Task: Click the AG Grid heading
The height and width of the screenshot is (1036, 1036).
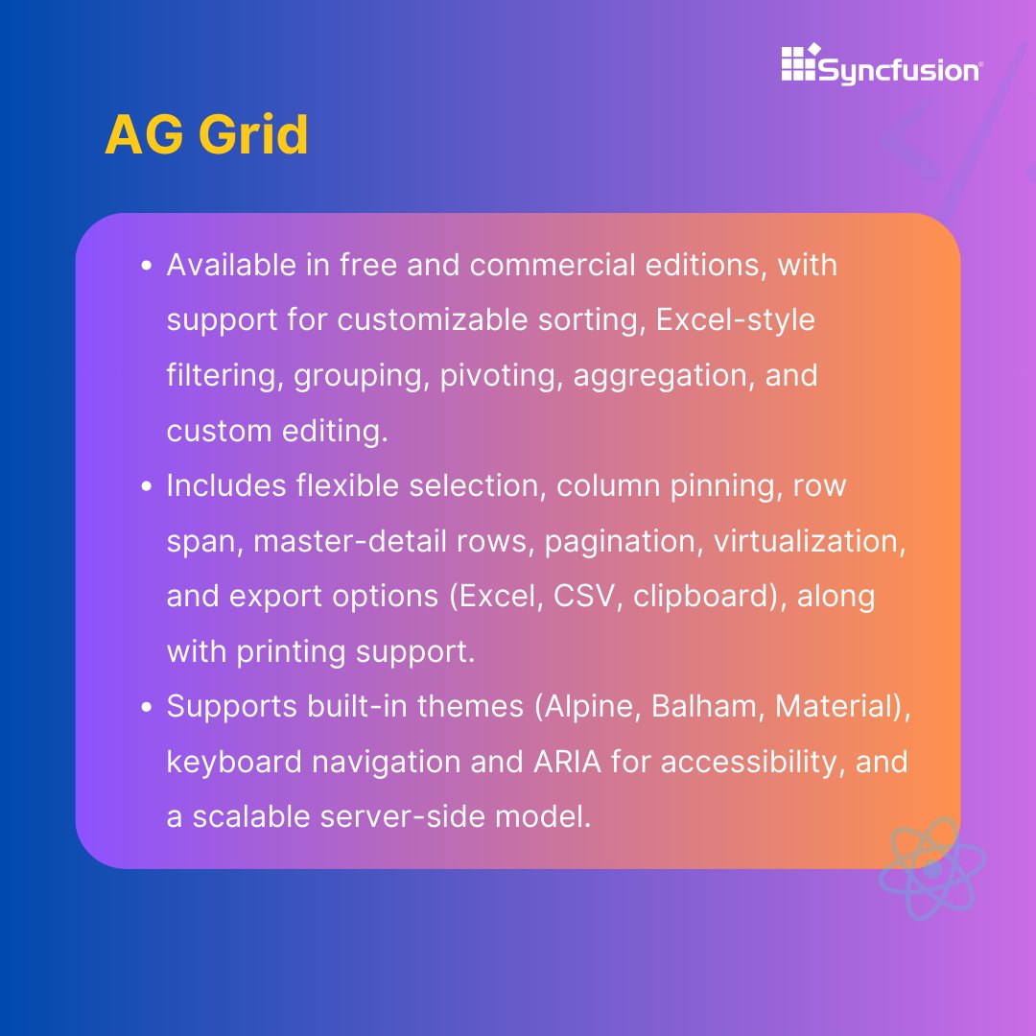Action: click(206, 134)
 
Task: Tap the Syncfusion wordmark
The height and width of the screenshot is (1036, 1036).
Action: click(899, 70)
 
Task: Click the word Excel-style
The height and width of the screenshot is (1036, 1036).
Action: click(736, 319)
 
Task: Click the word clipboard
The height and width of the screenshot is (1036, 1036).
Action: click(694, 596)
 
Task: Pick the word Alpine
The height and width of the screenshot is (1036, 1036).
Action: click(588, 707)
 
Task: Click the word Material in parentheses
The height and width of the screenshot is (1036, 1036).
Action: click(833, 707)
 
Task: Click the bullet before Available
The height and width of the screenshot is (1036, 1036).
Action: click(147, 266)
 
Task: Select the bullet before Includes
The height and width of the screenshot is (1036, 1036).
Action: click(147, 486)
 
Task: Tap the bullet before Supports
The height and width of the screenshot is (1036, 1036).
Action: click(147, 707)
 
